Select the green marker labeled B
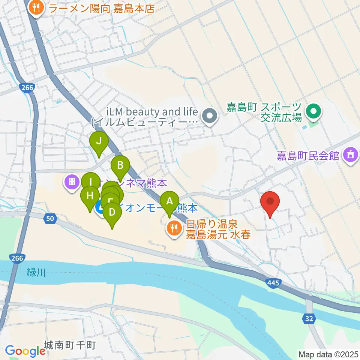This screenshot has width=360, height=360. (x=120, y=165)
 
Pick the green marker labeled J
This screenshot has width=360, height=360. (x=99, y=142)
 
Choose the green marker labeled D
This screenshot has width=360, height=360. (x=112, y=213)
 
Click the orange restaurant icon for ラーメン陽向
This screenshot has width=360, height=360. (x=36, y=7)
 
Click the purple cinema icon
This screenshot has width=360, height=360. (x=71, y=182)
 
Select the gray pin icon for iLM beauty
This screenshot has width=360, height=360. (x=209, y=116)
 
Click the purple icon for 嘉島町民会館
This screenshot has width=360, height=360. (x=350, y=154)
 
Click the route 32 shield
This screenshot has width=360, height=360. (x=308, y=318)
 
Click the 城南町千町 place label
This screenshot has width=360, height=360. (x=70, y=345)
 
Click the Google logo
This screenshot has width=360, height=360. (x=25, y=351)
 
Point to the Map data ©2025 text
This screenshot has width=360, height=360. (x=328, y=354)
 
